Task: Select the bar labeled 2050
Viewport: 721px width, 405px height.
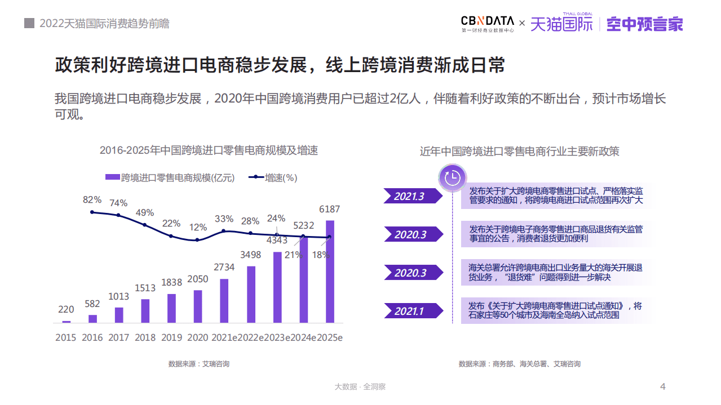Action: [x=198, y=306]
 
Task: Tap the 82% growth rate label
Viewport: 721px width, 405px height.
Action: [x=92, y=199]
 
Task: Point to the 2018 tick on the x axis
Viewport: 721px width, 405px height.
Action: [x=145, y=337]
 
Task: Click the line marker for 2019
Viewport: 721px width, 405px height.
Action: [x=171, y=236]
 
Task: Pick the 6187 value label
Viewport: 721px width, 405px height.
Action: [x=329, y=210]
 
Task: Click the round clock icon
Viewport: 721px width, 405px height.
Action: [x=453, y=178]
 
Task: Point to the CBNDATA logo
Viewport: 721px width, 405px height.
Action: [x=488, y=24]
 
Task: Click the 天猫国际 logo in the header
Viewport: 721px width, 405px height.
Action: [x=561, y=24]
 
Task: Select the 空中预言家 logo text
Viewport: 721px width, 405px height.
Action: [x=644, y=24]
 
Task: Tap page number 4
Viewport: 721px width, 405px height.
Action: [x=663, y=386]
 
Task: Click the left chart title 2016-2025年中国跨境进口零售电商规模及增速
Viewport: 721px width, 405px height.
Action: [x=209, y=150]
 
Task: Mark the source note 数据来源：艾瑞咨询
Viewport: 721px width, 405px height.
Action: [x=198, y=364]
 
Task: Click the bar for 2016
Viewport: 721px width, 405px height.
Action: [x=93, y=319]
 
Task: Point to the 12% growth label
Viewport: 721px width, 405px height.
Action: [x=198, y=228]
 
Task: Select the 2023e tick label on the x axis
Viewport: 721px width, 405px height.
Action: [x=277, y=337]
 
